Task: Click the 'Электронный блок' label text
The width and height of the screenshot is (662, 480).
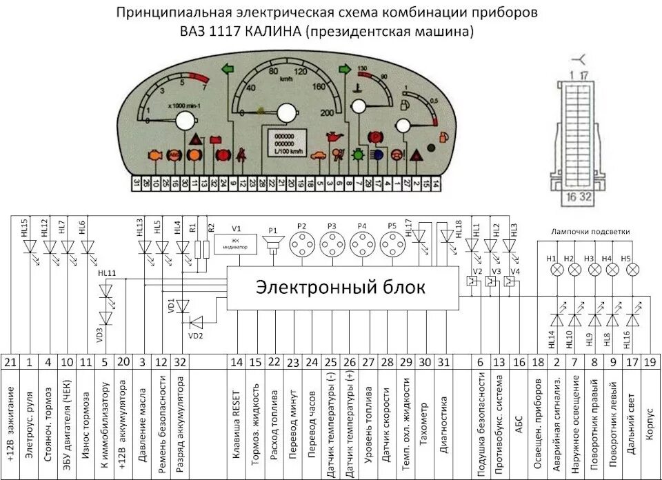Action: coord(341,287)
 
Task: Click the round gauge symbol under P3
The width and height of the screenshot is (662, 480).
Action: coord(332,244)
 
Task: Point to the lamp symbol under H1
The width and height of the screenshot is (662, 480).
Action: coord(552,271)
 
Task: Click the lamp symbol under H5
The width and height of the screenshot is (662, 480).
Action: coord(630,271)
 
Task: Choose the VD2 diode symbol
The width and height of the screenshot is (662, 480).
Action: coord(197,321)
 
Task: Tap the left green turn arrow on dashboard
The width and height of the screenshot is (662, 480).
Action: coord(226,69)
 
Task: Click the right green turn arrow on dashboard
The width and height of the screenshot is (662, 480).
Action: coord(345,69)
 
